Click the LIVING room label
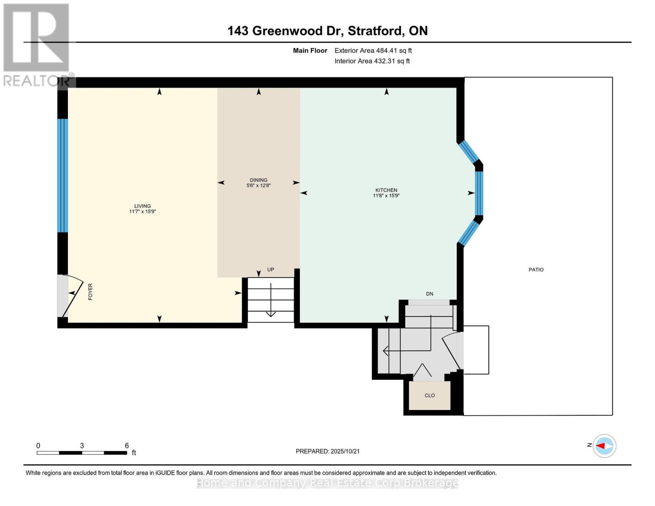pos(143,206)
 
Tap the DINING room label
pos(259,180)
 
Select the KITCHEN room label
pos(386,190)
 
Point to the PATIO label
pos(536,270)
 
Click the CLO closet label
pos(429,396)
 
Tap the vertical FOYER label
pos(90,292)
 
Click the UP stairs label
pos(270,269)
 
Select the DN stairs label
pos(429,294)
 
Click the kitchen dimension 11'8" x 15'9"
pos(386,196)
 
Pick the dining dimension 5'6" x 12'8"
pos(259,186)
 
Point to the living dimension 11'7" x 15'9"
pos(143,212)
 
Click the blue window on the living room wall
pos(62,175)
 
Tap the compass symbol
pos(604,446)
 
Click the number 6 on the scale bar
pos(127,445)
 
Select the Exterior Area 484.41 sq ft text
pos(373,51)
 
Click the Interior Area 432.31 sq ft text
pos(372,61)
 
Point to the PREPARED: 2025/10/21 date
pos(328,451)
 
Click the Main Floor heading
pos(310,51)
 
